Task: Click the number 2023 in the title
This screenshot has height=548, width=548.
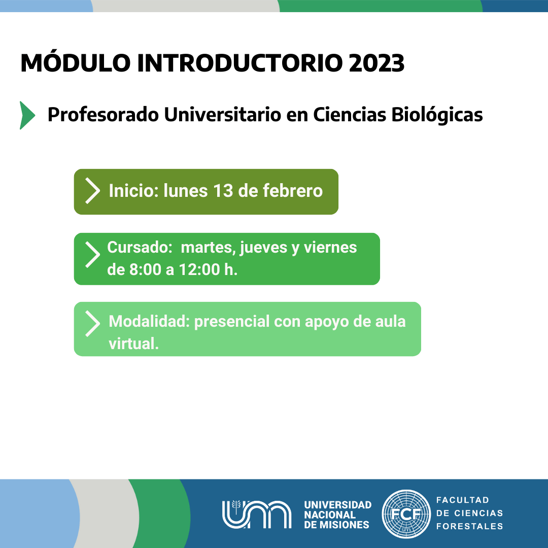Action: tap(376, 63)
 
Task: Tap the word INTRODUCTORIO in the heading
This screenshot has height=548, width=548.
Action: tap(239, 63)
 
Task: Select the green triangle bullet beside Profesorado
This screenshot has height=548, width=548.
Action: tap(27, 115)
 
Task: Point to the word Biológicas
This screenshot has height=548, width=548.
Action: tap(437, 115)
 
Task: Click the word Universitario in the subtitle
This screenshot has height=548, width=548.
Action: tap(223, 115)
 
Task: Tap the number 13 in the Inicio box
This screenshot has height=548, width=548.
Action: tap(223, 191)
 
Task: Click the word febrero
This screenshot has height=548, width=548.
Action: tap(293, 191)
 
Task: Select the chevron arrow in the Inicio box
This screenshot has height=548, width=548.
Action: tap(93, 191)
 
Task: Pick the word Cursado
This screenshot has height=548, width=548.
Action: tap(138, 248)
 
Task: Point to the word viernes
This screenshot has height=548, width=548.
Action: tap(330, 248)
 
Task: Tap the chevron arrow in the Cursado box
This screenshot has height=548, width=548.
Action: tap(93, 255)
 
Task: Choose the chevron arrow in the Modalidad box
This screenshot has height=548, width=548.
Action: tap(93, 324)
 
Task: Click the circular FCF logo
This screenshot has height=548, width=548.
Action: tap(406, 513)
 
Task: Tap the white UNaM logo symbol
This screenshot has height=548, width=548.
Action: tap(257, 514)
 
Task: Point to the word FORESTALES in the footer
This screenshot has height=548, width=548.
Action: tap(469, 526)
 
